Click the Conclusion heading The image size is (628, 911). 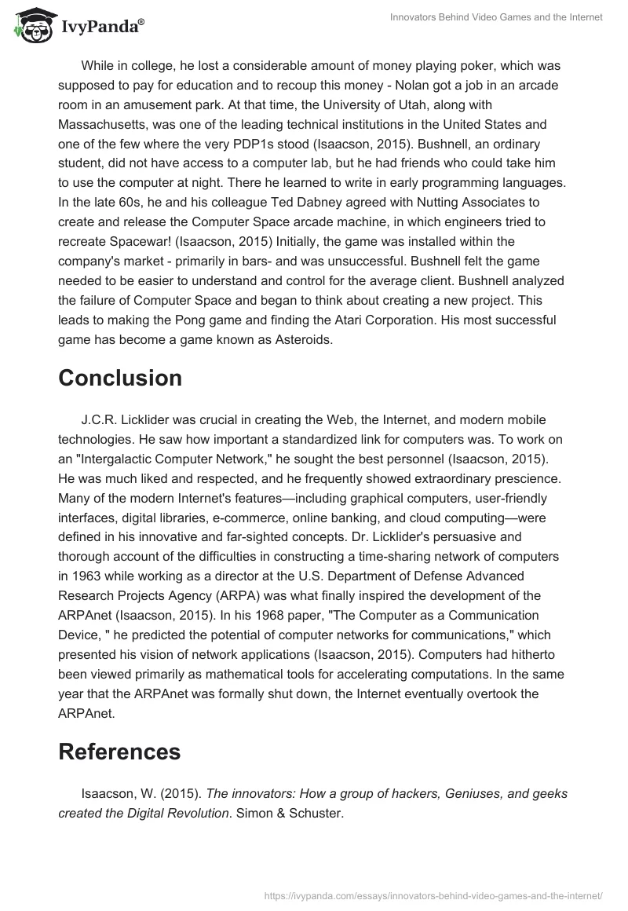[x=120, y=378]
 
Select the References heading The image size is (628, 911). [x=119, y=752]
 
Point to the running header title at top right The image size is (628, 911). [x=496, y=18]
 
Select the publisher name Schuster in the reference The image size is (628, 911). [x=315, y=813]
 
